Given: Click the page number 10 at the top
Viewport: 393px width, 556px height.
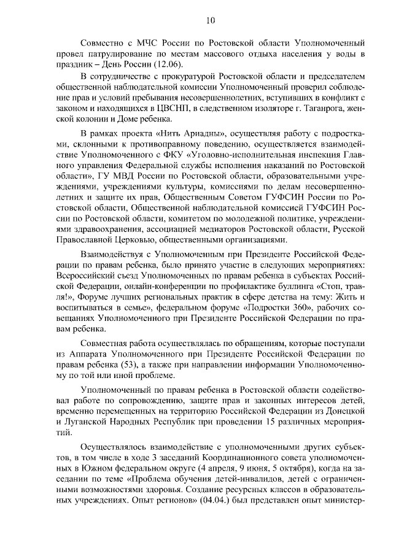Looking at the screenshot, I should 209,20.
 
